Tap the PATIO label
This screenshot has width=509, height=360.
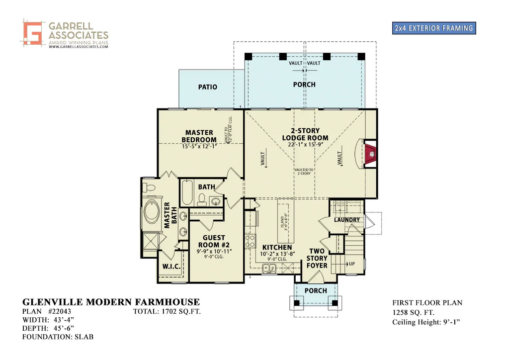(208, 87)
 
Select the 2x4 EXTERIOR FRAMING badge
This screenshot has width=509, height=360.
(433, 28)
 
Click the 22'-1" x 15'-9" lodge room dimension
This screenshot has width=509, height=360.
(305, 145)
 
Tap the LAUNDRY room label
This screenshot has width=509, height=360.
(347, 220)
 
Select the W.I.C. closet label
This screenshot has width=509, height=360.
(171, 266)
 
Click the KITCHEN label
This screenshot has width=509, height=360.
(277, 247)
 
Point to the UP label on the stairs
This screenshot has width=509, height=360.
(352, 264)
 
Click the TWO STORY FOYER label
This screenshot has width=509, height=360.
(317, 258)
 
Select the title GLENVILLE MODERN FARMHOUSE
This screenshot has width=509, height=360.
(111, 302)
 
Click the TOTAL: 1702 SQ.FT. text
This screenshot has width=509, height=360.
(167, 312)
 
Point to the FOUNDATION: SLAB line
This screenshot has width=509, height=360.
(58, 337)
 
